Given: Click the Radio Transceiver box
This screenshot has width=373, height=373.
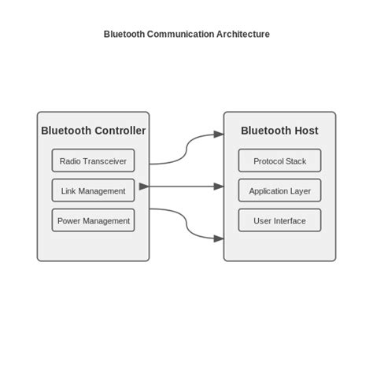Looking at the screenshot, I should pyautogui.click(x=93, y=161).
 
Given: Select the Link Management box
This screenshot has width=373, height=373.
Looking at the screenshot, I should pyautogui.click(x=93, y=190).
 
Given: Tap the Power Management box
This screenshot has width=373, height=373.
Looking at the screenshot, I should pyautogui.click(x=93, y=220).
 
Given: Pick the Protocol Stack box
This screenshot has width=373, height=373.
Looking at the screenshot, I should pyautogui.click(x=279, y=161).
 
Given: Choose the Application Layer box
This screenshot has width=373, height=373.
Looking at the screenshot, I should pyautogui.click(x=279, y=190).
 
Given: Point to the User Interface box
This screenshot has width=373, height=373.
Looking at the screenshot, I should pyautogui.click(x=279, y=220).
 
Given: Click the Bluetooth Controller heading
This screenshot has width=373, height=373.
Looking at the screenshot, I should pyautogui.click(x=93, y=131).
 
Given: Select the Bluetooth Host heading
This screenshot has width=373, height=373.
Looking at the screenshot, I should pyautogui.click(x=279, y=131).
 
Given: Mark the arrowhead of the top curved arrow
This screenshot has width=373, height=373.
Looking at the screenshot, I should pyautogui.click(x=218, y=135).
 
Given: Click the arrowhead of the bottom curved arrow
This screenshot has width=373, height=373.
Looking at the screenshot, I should pyautogui.click(x=218, y=238).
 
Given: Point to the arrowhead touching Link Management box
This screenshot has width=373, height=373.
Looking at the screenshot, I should pyautogui.click(x=142, y=186).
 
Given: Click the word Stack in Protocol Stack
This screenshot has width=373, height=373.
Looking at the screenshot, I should pyautogui.click(x=296, y=161).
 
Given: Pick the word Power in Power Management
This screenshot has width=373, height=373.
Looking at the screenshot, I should pyautogui.click(x=69, y=221).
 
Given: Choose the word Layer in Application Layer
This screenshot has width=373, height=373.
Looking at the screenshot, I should pyautogui.click(x=300, y=191).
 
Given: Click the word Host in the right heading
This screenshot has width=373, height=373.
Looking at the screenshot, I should pyautogui.click(x=304, y=131).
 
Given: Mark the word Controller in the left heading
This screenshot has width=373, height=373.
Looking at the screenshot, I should pyautogui.click(x=118, y=131).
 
